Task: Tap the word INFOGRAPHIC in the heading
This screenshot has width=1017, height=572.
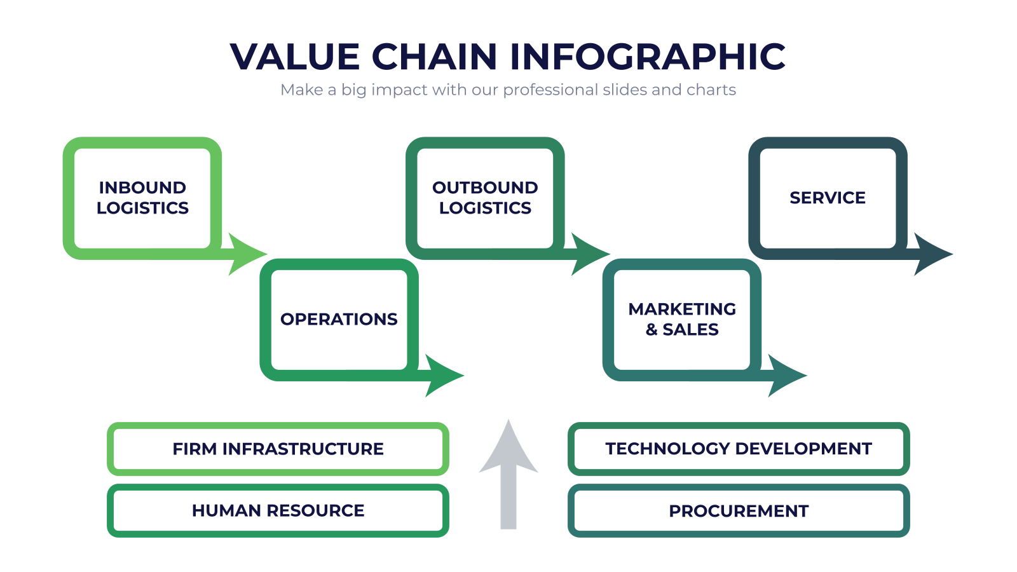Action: pyautogui.click(x=648, y=57)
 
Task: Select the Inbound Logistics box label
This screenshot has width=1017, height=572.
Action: pyautogui.click(x=142, y=198)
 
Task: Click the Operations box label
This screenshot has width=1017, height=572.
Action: pyautogui.click(x=339, y=319)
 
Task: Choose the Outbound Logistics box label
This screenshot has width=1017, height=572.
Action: pyautogui.click(x=485, y=198)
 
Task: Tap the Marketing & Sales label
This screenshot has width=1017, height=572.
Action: pyautogui.click(x=682, y=319)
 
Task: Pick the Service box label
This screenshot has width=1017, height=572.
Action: pyautogui.click(x=828, y=198)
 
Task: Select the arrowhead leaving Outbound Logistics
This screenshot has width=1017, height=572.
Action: pyautogui.click(x=589, y=254)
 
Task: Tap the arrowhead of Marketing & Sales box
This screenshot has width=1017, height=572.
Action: pyautogui.click(x=786, y=376)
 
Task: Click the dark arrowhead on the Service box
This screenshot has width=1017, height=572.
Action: pyautogui.click(x=932, y=254)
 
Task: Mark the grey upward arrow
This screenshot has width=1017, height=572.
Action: pyautogui.click(x=508, y=474)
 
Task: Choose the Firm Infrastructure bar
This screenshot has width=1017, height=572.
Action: pyautogui.click(x=278, y=449)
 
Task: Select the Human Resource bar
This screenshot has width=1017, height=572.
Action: pyautogui.click(x=278, y=511)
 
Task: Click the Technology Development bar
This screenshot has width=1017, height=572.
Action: pyautogui.click(x=739, y=449)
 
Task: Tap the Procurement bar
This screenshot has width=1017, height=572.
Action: pyautogui.click(x=739, y=511)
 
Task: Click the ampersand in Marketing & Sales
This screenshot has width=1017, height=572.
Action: pyautogui.click(x=652, y=330)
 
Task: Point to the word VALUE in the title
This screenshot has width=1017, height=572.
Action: pyautogui.click(x=295, y=57)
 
